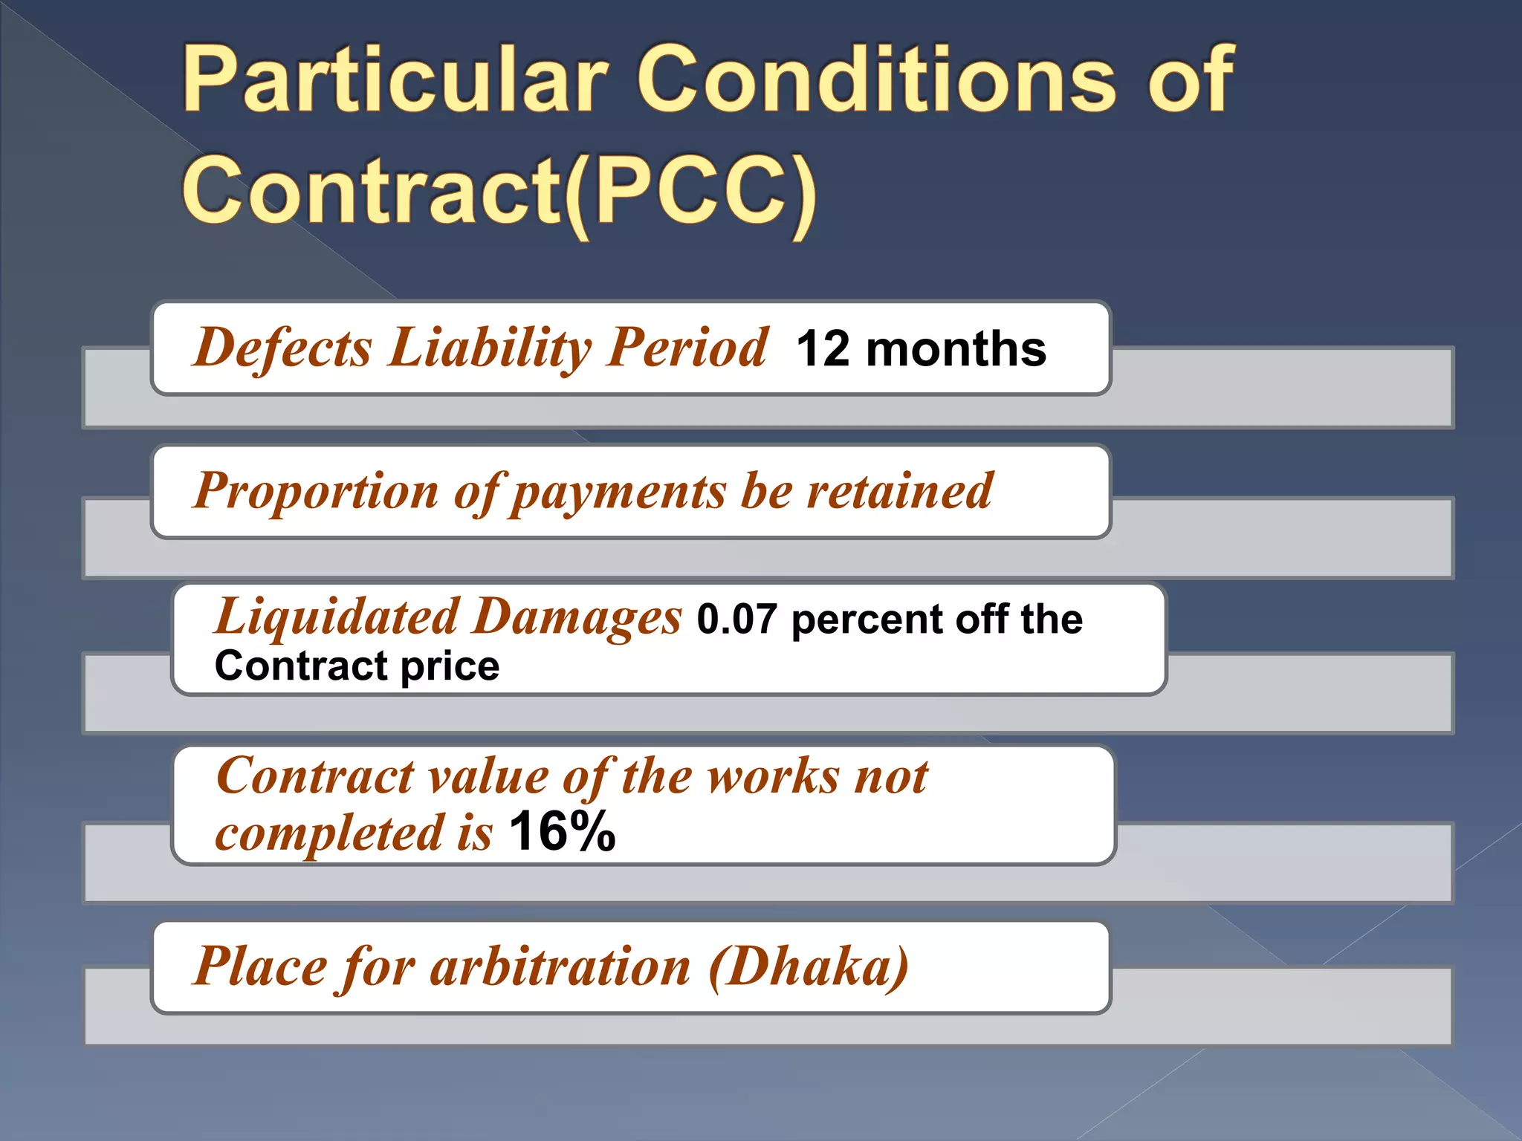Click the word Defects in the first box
(x=282, y=348)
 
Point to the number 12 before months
(x=823, y=349)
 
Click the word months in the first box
(x=956, y=349)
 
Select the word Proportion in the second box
(x=317, y=491)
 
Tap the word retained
(x=900, y=491)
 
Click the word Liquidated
(x=337, y=617)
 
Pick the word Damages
(x=577, y=617)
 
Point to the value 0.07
(x=736, y=620)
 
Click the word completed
(x=328, y=833)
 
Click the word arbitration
(x=560, y=967)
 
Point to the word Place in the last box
(x=261, y=967)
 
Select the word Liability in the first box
(x=490, y=348)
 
